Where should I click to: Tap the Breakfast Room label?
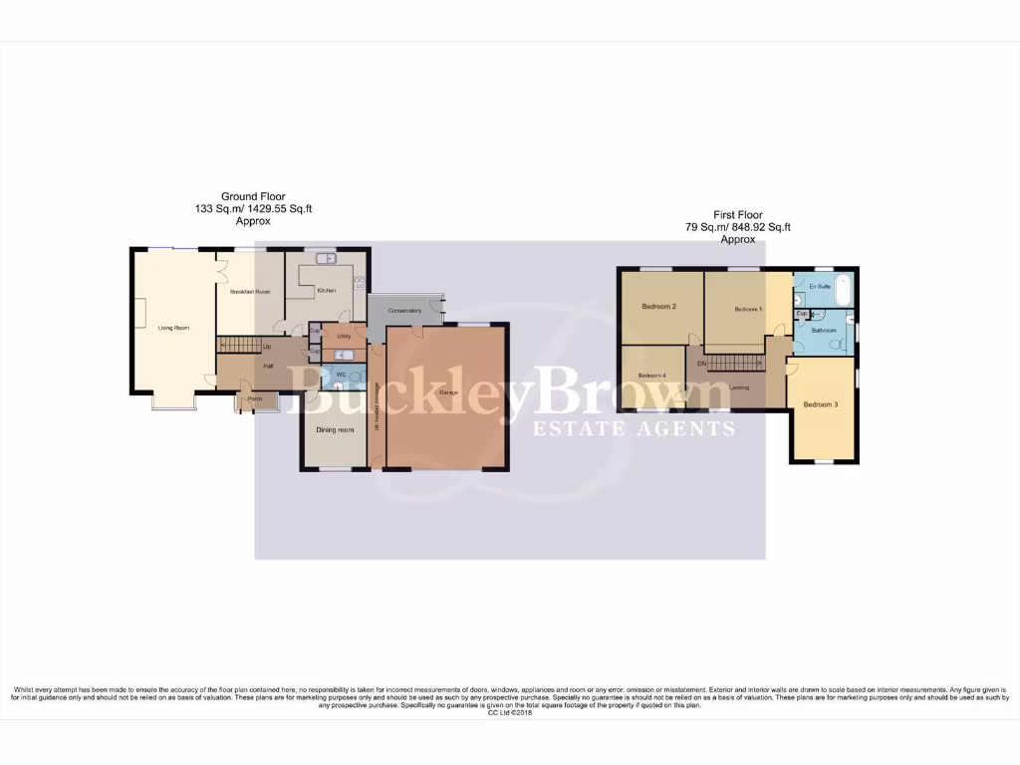(x=250, y=292)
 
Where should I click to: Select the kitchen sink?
(x=326, y=259)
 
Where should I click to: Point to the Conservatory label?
(x=404, y=312)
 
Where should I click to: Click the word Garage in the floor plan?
(x=447, y=393)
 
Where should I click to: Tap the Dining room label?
(x=335, y=430)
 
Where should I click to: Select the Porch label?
(x=255, y=399)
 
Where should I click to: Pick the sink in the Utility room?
(x=344, y=355)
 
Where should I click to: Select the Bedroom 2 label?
(x=659, y=307)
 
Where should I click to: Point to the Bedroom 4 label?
(x=651, y=376)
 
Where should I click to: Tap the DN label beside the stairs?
(x=701, y=364)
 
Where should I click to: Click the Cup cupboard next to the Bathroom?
(x=801, y=314)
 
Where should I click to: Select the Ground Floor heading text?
(x=253, y=197)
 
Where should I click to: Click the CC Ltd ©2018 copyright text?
(x=510, y=712)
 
